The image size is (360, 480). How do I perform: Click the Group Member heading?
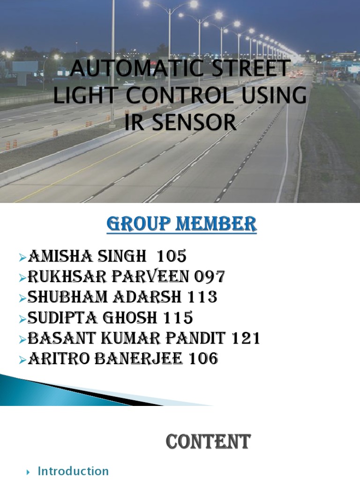point(181,224)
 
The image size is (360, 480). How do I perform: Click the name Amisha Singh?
point(90,256)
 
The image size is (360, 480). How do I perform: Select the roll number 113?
point(202,298)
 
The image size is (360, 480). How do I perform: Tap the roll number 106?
point(203,360)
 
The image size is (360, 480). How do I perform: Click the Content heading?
point(209,442)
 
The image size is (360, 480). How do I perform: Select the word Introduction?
point(73,471)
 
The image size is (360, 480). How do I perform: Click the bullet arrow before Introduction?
point(29,472)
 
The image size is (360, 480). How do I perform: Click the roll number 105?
point(172,256)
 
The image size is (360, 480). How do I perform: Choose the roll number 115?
point(178,318)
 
